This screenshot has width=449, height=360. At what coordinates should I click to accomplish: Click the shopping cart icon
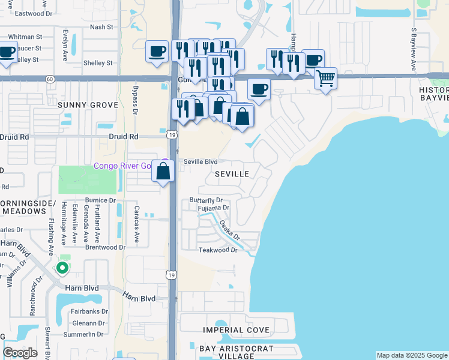[325, 77]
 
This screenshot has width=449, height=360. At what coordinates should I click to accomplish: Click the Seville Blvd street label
[200, 161]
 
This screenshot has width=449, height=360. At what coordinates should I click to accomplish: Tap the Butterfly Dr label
[206, 200]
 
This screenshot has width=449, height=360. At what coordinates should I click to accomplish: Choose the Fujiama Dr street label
[214, 208]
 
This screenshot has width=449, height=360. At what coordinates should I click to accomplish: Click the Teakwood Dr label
[218, 250]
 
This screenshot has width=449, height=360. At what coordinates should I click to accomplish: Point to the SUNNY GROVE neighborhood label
[88, 104]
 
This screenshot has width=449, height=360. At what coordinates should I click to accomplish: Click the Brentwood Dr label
[105, 247]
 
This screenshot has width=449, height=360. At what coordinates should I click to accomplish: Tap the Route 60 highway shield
[49, 78]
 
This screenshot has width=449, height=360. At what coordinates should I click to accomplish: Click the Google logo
[20, 352]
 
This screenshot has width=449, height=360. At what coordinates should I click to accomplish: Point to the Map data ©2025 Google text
[412, 355]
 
